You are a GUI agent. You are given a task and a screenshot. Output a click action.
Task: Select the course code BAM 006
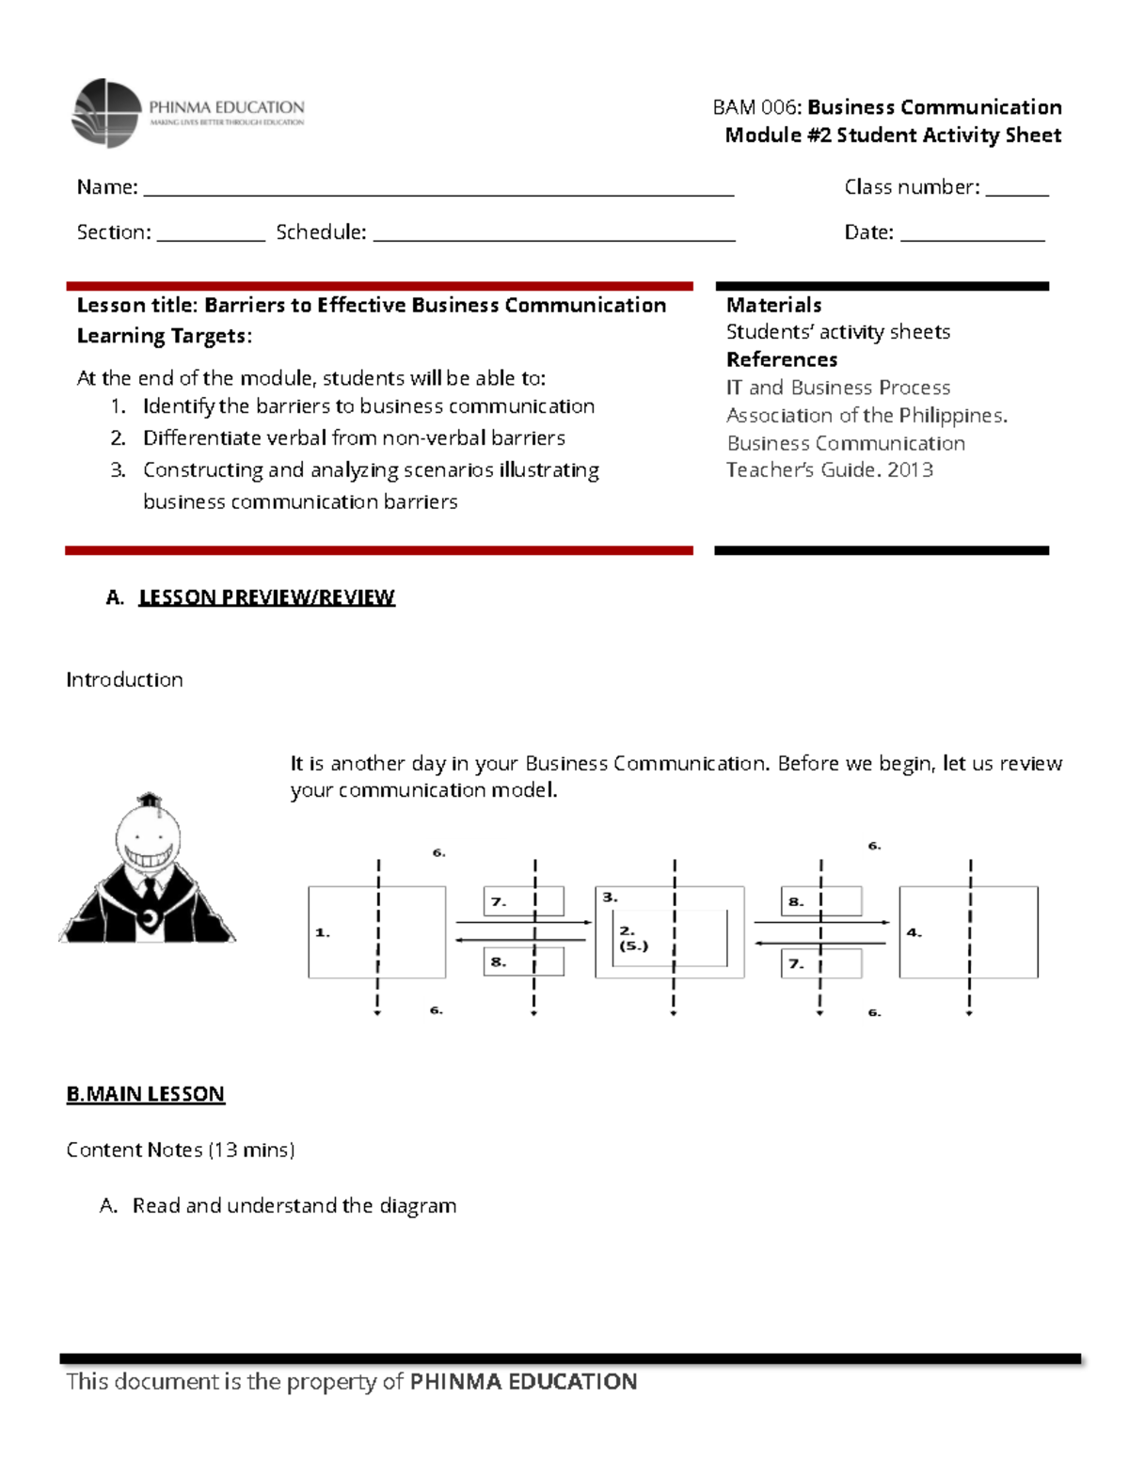point(755,107)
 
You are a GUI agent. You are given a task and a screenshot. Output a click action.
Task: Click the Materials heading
point(773,305)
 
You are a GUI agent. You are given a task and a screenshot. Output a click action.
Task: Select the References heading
point(781,359)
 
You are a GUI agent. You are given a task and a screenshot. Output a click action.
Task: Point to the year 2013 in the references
point(910,469)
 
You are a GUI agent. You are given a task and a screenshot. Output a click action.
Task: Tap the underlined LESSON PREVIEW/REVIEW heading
point(266,597)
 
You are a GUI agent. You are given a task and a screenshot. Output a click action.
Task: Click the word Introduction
point(124,679)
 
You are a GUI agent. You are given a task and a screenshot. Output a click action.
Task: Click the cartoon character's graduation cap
point(149,801)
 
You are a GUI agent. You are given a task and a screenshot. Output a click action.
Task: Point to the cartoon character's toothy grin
point(149,857)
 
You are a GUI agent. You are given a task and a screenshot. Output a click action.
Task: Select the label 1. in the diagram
point(322,932)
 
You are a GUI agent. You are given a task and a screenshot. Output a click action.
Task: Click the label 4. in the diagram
point(914,932)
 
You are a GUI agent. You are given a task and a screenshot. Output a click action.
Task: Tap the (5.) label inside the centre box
point(633,945)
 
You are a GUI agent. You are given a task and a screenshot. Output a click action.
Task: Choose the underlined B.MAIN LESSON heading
point(145,1094)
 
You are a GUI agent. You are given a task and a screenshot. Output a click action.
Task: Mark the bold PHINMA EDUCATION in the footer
point(523,1381)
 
